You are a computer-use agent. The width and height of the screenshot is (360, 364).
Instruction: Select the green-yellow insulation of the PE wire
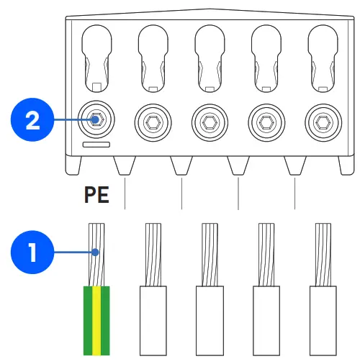point(96,320)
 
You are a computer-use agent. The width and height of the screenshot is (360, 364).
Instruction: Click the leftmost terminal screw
point(96,119)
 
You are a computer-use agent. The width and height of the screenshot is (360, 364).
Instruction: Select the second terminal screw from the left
point(153,119)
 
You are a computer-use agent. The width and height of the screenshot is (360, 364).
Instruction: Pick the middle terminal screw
point(210,119)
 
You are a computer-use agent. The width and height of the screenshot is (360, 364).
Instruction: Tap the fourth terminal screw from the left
point(266,119)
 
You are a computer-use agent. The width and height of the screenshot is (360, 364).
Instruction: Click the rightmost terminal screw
point(322,119)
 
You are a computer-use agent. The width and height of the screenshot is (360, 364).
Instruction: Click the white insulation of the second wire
point(153,320)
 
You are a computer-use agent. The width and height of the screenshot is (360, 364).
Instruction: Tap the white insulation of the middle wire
point(210,320)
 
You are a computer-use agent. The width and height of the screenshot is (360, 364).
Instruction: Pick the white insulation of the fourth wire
point(266,320)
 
